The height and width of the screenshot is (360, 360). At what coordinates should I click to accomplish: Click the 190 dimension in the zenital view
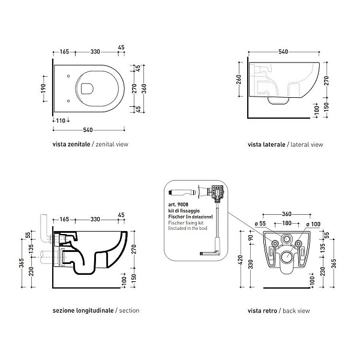tap(43, 88)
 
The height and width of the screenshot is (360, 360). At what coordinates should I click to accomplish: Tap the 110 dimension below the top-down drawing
tap(61, 121)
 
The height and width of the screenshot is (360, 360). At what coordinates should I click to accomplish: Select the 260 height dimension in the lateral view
tap(239, 79)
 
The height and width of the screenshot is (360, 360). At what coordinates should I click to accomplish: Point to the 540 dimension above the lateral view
tap(283, 52)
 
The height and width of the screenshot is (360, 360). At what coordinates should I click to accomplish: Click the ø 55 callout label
tap(260, 224)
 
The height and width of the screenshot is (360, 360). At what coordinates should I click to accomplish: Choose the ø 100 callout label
tap(313, 224)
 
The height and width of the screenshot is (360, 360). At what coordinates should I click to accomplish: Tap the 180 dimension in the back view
tap(287, 223)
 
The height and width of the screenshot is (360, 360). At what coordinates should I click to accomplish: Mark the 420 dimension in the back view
tap(241, 260)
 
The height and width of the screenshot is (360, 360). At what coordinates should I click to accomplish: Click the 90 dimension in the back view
tap(251, 238)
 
